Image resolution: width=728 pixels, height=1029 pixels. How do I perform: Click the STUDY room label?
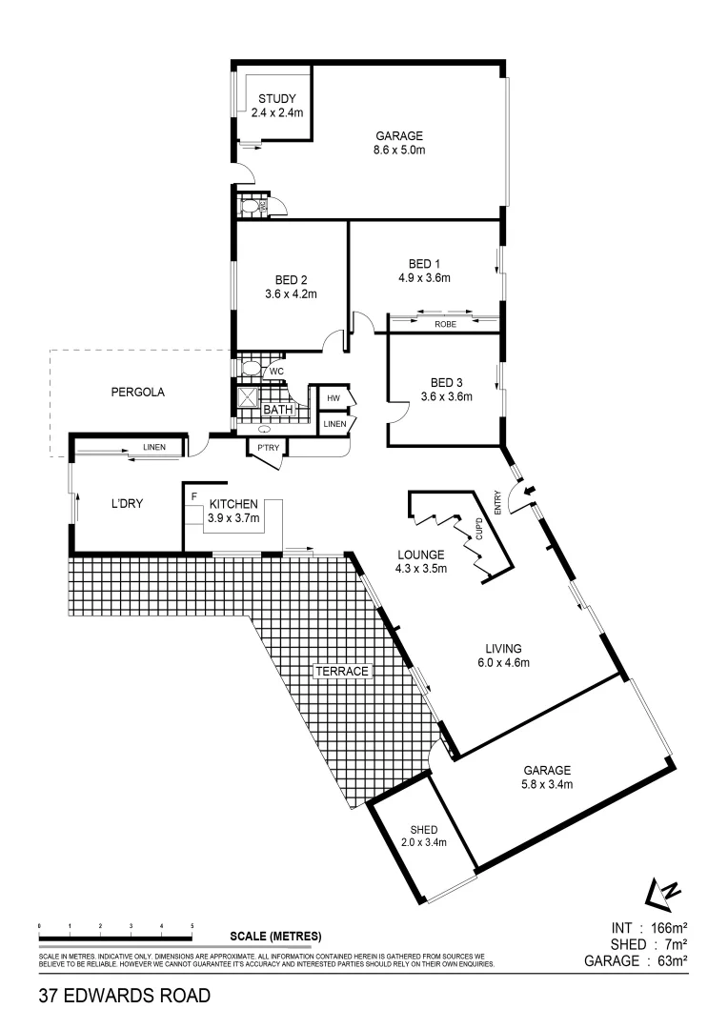point(276,98)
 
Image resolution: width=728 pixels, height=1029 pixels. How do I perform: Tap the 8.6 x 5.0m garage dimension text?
point(398,150)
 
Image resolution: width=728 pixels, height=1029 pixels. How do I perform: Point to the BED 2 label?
point(291,279)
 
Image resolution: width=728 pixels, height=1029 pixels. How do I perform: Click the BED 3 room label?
point(447,382)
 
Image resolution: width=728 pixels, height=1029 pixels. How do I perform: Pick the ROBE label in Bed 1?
point(445,324)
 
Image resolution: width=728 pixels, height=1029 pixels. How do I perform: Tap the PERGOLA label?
point(138,391)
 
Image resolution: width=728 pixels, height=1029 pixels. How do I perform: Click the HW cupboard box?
point(334,397)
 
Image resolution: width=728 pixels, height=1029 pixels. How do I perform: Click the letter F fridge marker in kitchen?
point(194,496)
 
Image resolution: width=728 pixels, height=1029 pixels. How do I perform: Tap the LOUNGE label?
point(419,554)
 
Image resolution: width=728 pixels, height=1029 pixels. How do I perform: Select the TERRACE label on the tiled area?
point(342,671)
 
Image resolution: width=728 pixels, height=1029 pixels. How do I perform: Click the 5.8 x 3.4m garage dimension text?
point(546,784)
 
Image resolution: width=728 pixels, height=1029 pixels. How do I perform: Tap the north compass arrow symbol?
point(664,893)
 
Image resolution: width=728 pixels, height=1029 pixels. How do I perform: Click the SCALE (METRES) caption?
point(275,935)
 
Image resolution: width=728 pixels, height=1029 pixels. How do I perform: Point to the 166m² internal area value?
point(663,928)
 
